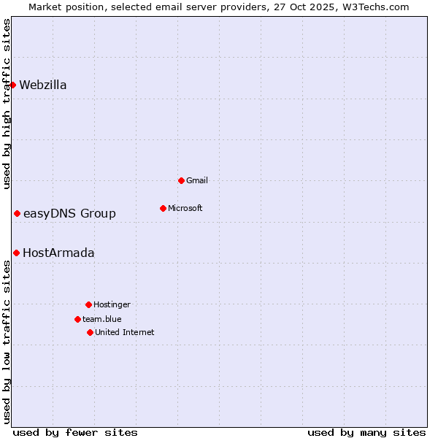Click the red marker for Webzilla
tap(12, 85)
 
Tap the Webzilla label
tap(43, 85)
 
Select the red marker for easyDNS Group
tap(17, 213)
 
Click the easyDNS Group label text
tap(69, 214)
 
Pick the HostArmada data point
tap(16, 253)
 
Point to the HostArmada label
tap(58, 253)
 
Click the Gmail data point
tap(181, 180)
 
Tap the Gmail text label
tap(197, 181)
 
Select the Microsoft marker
tap(163, 208)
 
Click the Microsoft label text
tap(185, 209)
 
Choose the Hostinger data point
tap(88, 304)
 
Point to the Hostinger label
tap(112, 305)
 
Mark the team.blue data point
tap(77, 319)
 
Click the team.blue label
tap(102, 320)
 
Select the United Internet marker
tap(90, 332)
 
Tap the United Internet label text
tap(125, 333)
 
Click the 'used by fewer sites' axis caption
tap(75, 432)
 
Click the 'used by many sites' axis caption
tap(366, 432)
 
